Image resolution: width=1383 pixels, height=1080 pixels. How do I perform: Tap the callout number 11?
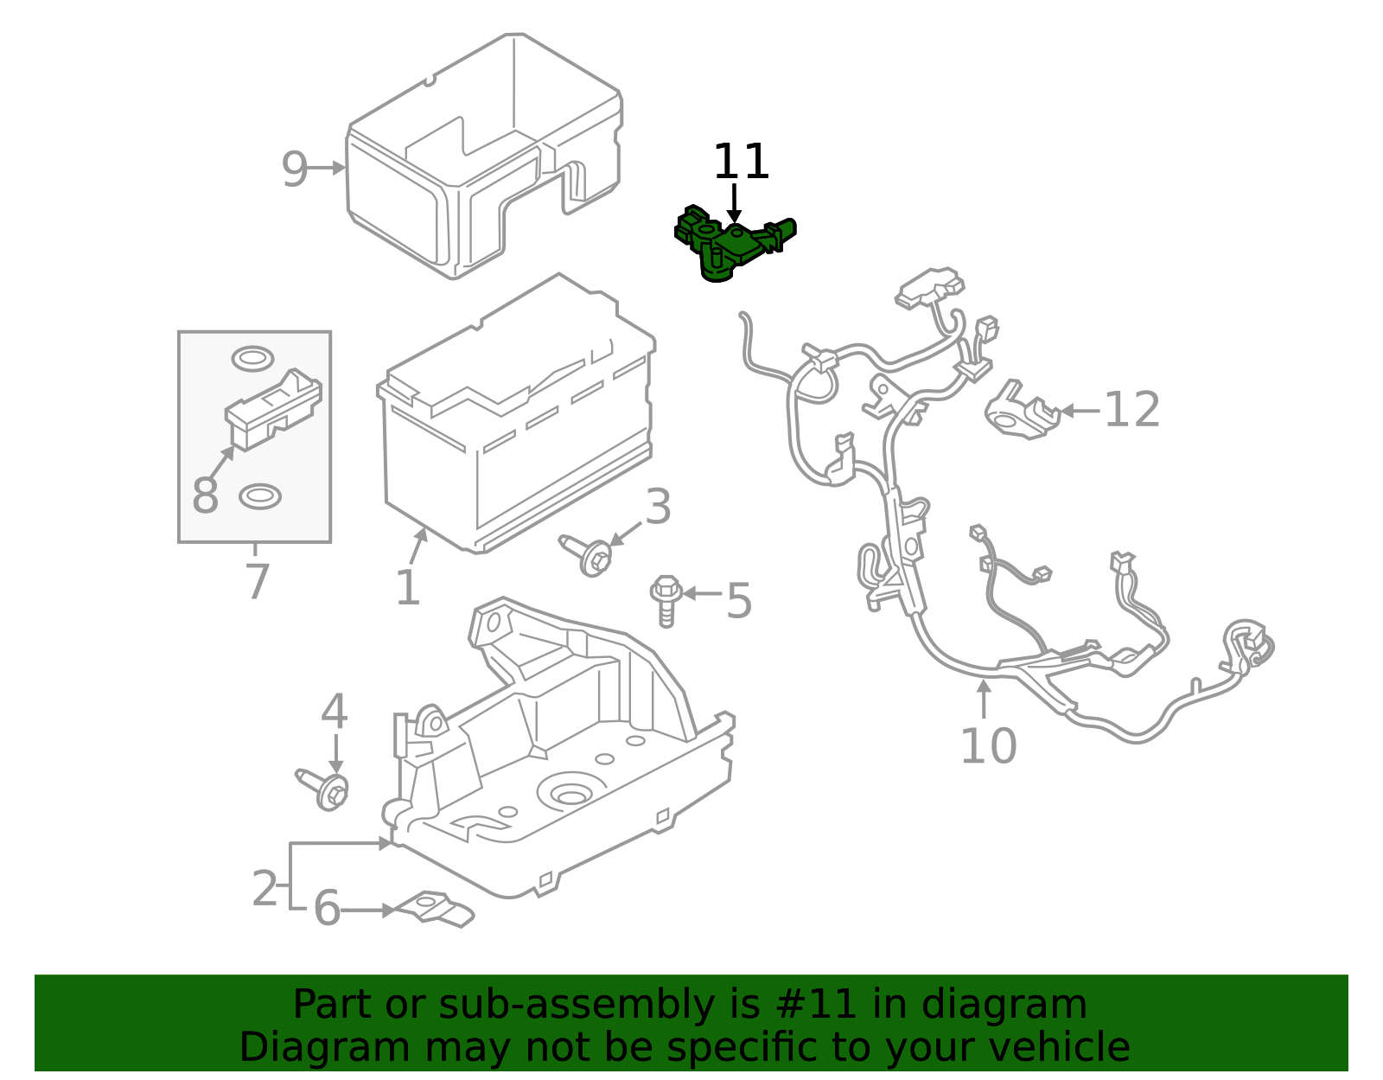(741, 163)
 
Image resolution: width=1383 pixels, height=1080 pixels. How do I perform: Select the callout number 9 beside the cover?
(294, 169)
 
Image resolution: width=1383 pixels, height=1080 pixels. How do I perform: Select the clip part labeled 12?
(1021, 412)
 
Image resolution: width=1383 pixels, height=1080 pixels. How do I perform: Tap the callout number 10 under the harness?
(988, 745)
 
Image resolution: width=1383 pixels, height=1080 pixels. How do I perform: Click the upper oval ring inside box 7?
(252, 358)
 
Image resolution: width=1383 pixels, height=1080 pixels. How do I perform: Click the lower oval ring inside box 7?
(259, 496)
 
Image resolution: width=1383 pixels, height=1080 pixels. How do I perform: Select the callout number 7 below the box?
(257, 582)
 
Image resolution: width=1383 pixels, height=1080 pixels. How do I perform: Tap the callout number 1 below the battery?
(407, 589)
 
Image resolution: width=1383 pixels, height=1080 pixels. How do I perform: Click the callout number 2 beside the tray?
(264, 888)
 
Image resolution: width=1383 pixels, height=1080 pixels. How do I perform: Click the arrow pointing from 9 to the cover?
(327, 169)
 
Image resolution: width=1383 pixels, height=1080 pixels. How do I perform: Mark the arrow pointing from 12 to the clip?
(1080, 411)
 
